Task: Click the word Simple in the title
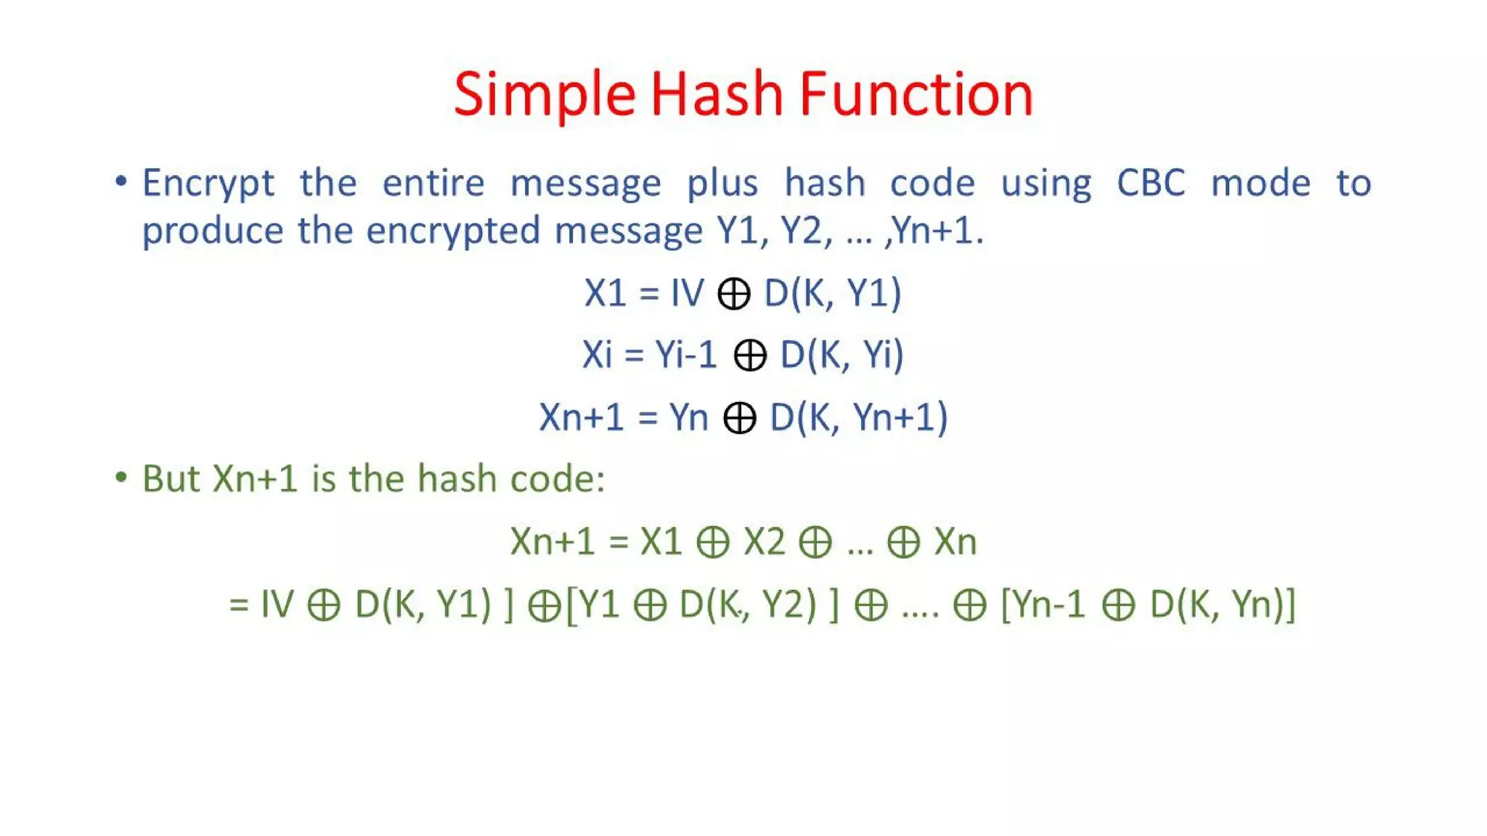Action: [545, 94]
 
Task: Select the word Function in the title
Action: [916, 94]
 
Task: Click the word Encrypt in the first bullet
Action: [208, 183]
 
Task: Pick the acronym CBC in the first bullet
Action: [1151, 183]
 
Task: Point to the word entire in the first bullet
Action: [433, 183]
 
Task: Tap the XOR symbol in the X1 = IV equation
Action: [733, 295]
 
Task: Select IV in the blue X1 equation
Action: [687, 293]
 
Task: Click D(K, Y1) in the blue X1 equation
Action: [832, 293]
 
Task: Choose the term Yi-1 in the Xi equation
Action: [686, 355]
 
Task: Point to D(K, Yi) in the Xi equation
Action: [842, 355]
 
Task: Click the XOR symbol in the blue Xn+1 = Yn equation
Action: [739, 419]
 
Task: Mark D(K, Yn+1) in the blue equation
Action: [859, 417]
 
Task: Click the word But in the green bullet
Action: [171, 479]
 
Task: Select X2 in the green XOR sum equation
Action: [765, 541]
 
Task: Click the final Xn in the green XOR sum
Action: [956, 541]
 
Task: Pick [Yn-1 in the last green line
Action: [1043, 604]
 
